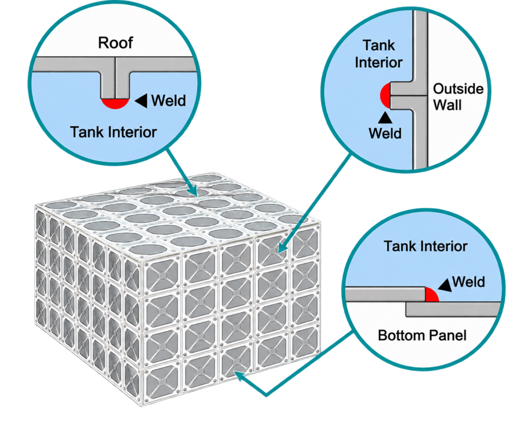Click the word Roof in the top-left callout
[115, 43]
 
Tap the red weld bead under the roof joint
[115, 103]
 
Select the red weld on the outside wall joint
[386, 95]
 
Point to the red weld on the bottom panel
[432, 294]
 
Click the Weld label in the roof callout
[169, 101]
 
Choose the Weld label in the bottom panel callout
[469, 282]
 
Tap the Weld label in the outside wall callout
[385, 134]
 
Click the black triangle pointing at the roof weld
[141, 101]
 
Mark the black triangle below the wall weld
[385, 118]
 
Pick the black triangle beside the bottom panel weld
[445, 284]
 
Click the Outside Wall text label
[458, 97]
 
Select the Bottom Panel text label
[422, 335]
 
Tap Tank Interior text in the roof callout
[113, 132]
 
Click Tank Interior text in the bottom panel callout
[426, 246]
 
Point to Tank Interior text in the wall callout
[379, 54]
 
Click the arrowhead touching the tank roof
[192, 190]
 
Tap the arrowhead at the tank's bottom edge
[241, 377]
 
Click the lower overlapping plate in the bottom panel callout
[453, 309]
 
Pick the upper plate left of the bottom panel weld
[386, 294]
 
